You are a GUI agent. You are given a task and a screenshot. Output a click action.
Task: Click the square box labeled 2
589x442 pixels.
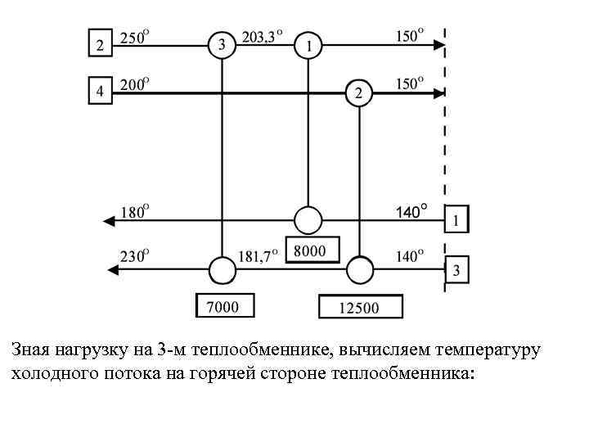pyautogui.click(x=100, y=44)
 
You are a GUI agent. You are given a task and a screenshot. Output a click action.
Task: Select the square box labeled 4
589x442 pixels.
pyautogui.click(x=100, y=92)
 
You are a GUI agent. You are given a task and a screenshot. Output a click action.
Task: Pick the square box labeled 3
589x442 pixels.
pyautogui.click(x=457, y=269)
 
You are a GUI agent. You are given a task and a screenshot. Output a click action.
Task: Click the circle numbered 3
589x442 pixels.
pyautogui.click(x=222, y=45)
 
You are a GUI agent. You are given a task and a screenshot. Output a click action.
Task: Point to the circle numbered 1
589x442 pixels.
pyautogui.click(x=308, y=46)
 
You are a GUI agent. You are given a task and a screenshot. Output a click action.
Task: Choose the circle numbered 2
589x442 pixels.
pyautogui.click(x=358, y=93)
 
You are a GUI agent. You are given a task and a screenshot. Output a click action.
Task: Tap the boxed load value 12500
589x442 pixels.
pyautogui.click(x=360, y=307)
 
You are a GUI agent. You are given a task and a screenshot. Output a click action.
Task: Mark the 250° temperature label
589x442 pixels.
pyautogui.click(x=135, y=37)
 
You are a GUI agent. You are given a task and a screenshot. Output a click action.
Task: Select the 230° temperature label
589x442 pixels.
pyautogui.click(x=134, y=256)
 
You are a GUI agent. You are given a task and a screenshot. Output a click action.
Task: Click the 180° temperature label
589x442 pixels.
pyautogui.click(x=134, y=212)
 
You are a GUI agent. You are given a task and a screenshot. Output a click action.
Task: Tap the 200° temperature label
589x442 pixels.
pyautogui.click(x=135, y=83)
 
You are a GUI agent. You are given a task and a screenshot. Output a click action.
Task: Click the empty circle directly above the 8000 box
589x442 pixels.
pyautogui.click(x=308, y=220)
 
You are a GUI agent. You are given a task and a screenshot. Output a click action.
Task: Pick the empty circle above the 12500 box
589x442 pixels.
pyautogui.click(x=360, y=269)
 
